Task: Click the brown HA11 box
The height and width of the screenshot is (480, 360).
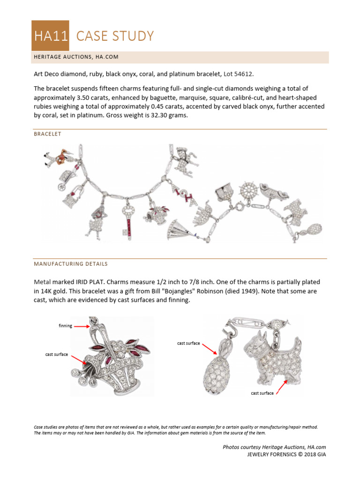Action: (x=50, y=36)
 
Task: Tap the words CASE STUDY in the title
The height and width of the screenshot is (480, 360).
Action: (x=115, y=36)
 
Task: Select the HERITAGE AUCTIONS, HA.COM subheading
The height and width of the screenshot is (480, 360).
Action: (x=75, y=57)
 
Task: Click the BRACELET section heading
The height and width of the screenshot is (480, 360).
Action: (x=47, y=134)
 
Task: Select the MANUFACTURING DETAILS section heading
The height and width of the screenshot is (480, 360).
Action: (x=70, y=264)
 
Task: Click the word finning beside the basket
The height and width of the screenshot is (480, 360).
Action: (x=65, y=326)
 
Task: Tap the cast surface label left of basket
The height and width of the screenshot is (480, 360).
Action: (x=56, y=354)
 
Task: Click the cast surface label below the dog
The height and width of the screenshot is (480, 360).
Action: (x=262, y=393)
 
